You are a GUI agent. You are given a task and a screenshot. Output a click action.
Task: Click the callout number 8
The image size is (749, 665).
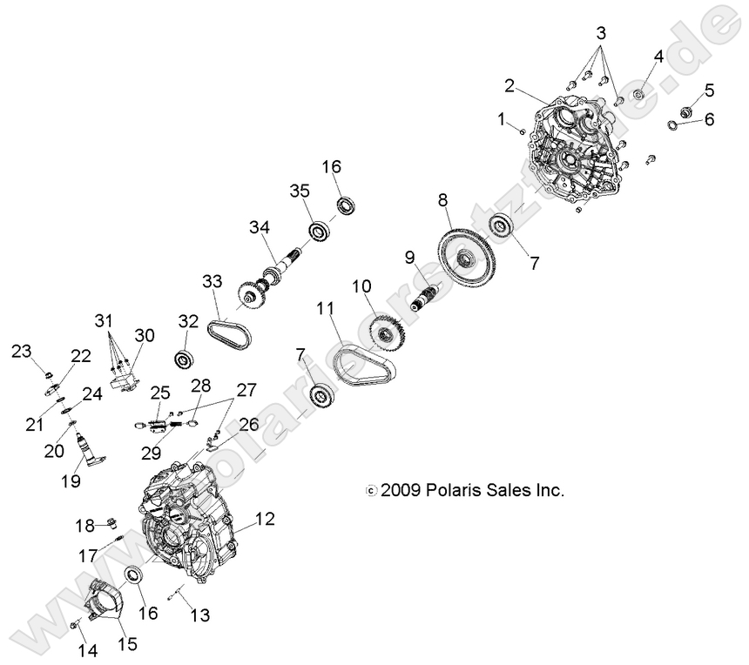click(x=443, y=200)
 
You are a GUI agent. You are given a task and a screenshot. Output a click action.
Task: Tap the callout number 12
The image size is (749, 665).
click(x=265, y=520)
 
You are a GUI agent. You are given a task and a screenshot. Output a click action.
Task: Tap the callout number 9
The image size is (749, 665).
click(x=409, y=258)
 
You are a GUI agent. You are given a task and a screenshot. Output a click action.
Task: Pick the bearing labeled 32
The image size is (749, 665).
click(x=184, y=357)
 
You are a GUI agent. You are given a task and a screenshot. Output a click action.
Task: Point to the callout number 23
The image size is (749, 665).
click(x=21, y=351)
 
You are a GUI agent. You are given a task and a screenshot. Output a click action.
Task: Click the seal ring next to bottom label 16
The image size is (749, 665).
click(x=137, y=575)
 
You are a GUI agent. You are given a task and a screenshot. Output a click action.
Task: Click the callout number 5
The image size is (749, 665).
click(x=709, y=89)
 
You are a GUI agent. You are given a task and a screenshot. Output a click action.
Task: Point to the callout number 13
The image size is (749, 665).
click(x=199, y=615)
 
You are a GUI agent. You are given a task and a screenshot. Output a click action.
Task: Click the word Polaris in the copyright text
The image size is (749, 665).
click(x=453, y=490)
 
